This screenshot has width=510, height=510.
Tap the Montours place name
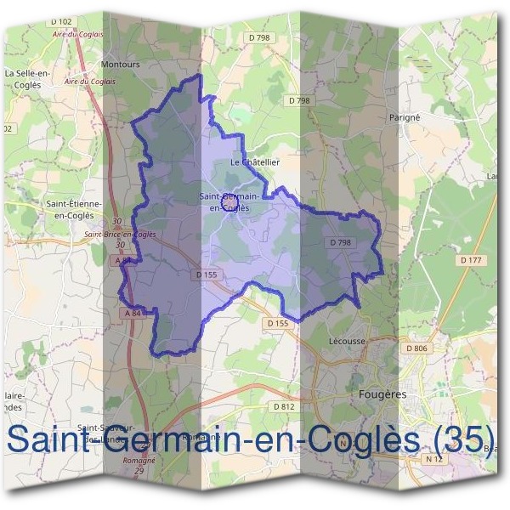click(119, 64)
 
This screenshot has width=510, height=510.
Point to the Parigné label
click(405, 116)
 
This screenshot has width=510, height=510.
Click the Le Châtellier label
click(255, 161)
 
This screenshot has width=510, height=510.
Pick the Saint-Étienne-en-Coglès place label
click(74, 209)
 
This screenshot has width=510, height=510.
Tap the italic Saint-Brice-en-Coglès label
click(119, 234)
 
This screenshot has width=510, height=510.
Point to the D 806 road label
click(416, 348)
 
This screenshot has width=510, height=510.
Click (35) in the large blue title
click(463, 440)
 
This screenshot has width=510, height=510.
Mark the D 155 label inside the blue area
click(207, 275)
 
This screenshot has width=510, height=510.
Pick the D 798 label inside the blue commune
click(339, 243)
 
